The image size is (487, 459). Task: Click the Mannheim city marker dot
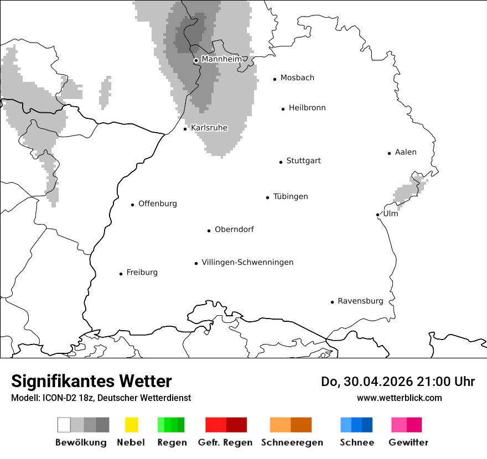pos(196,61)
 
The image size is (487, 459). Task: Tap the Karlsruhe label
pos(209,128)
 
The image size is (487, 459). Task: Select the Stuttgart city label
pos(303,161)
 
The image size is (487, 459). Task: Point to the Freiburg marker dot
pos(121,274)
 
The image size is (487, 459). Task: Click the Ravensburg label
pos(360,301)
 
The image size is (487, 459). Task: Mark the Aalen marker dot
pos(390,153)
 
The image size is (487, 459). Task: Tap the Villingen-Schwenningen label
pos(247,262)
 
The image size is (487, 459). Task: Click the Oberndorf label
pos(234,229)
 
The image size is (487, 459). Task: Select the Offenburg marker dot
pos(133,205)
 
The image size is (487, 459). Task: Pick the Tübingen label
pos(291,196)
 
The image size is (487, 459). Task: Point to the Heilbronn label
pos(307,108)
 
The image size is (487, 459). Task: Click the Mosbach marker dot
pos(275,79)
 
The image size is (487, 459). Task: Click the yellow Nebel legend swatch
pos(131,425)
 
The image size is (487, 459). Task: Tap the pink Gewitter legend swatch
pos(399,425)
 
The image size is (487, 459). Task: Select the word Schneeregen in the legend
pos(292,442)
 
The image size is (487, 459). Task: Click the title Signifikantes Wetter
pos(91,381)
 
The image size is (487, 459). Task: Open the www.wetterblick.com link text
pos(399,398)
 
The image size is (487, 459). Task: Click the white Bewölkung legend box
pos(64,425)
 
